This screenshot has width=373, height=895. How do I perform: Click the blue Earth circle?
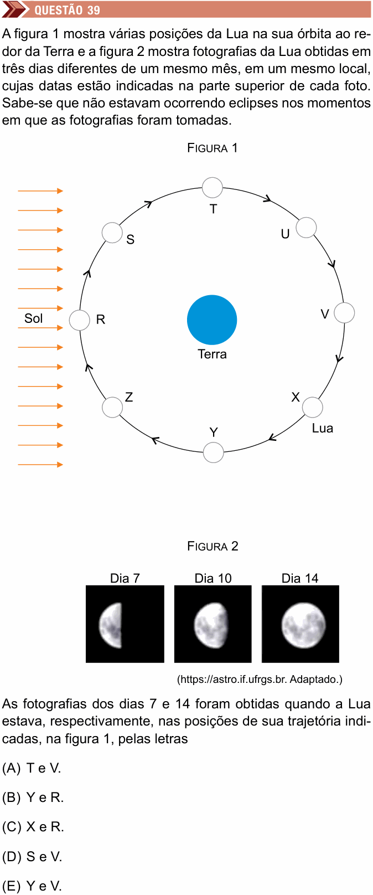pyautogui.click(x=212, y=320)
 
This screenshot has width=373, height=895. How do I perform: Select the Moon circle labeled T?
pyautogui.click(x=213, y=187)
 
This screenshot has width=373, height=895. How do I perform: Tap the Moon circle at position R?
pyautogui.click(x=80, y=320)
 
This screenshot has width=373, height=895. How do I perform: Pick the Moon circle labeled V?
pyautogui.click(x=344, y=312)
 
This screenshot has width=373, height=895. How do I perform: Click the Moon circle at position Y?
pyautogui.click(x=213, y=452)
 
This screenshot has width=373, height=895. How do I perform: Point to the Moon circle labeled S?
pyautogui.click(x=112, y=233)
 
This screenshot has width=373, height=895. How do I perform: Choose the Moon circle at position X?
pyautogui.click(x=312, y=407)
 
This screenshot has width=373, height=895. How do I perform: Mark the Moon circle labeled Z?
pyautogui.click(x=112, y=407)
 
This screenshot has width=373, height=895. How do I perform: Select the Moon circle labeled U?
pyautogui.click(x=306, y=227)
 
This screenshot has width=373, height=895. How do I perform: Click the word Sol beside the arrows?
pyautogui.click(x=34, y=318)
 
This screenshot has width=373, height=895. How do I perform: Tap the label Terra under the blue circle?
pyautogui.click(x=212, y=354)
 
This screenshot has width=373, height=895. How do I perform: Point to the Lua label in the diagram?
pyautogui.click(x=322, y=428)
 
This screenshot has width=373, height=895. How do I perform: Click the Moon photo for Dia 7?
pyautogui.click(x=125, y=624)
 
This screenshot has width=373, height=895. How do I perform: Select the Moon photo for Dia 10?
pyautogui.click(x=213, y=624)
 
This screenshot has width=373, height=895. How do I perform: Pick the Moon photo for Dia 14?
pyautogui.click(x=301, y=624)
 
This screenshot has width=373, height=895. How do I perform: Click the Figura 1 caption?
pyautogui.click(x=213, y=148)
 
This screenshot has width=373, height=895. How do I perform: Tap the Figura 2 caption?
pyautogui.click(x=213, y=546)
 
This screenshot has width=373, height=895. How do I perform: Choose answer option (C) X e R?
pyautogui.click(x=33, y=827)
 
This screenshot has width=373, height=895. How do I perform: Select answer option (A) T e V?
pyautogui.click(x=32, y=768)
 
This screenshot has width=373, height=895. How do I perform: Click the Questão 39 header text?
pyautogui.click(x=67, y=10)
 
